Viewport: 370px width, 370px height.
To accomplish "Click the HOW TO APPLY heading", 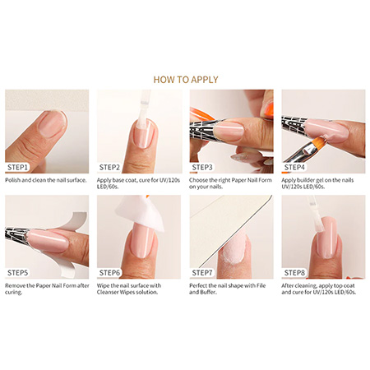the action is pos(186,80).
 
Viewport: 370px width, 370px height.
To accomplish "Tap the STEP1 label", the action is pos(17,167).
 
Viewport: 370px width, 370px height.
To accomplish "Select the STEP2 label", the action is pos(109,167).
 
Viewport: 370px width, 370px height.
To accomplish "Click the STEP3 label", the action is pos(202,167).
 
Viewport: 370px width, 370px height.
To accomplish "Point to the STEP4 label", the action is pos(294,167).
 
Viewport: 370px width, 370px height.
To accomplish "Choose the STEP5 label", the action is pos(17,273).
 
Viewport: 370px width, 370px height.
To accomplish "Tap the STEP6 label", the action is pos(109,273).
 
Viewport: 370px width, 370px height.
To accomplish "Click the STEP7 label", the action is pos(202,273).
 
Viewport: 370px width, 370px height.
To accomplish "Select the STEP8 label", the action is pos(294,273).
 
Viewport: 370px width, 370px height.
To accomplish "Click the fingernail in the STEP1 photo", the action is pos(52,123).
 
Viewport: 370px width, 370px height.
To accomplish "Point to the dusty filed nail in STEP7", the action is pos(234,251).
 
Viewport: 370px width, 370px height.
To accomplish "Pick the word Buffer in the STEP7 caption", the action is pos(207,293).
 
